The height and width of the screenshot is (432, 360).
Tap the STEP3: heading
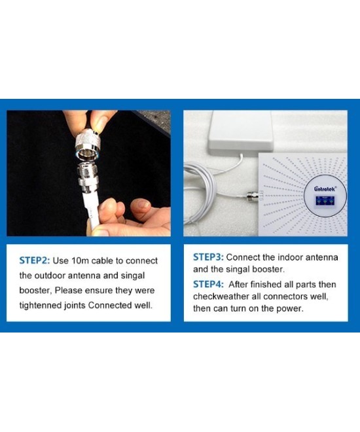click(207, 257)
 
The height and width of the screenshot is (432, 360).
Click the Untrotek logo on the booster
click(320, 190)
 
